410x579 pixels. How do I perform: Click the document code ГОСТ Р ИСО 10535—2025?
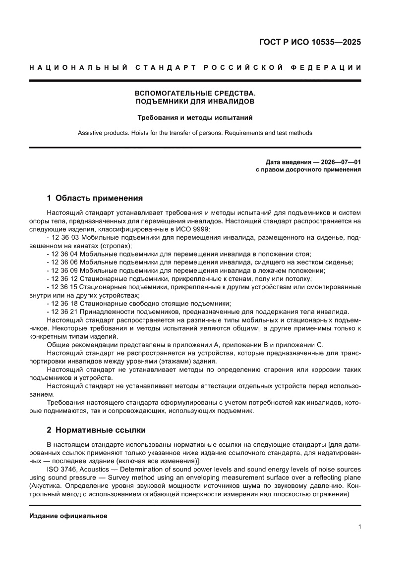click(x=310, y=42)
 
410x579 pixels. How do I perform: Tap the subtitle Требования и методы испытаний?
click(x=195, y=118)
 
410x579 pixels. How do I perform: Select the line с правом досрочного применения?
click(x=308, y=169)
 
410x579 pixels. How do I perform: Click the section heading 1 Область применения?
click(x=95, y=198)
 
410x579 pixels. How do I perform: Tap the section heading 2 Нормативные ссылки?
click(x=96, y=430)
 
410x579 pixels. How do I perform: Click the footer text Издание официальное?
click(x=68, y=516)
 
